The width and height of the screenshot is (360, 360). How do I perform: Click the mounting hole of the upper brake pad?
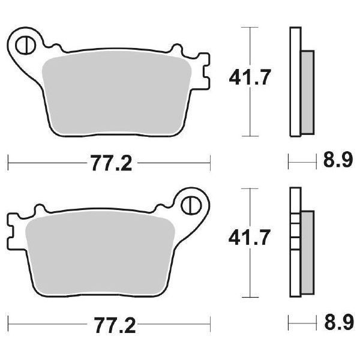point(26,44)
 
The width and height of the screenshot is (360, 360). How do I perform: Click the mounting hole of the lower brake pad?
point(192,205)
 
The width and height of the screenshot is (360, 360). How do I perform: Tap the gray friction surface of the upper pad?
point(120,90)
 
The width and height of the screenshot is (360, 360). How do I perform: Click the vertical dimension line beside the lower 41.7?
point(249,276)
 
